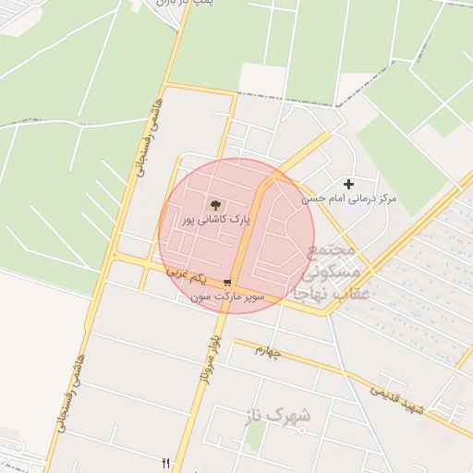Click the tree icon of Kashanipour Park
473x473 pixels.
[216, 203]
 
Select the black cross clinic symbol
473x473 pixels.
[348, 185]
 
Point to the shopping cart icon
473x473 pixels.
[227, 283]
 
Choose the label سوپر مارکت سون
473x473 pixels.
[227, 297]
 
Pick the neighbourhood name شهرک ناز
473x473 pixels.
[278, 417]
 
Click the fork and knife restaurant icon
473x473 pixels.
[166, 462]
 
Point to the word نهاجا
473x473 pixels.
[310, 293]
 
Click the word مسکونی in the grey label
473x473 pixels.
[329, 273]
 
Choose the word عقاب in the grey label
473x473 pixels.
[351, 293]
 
